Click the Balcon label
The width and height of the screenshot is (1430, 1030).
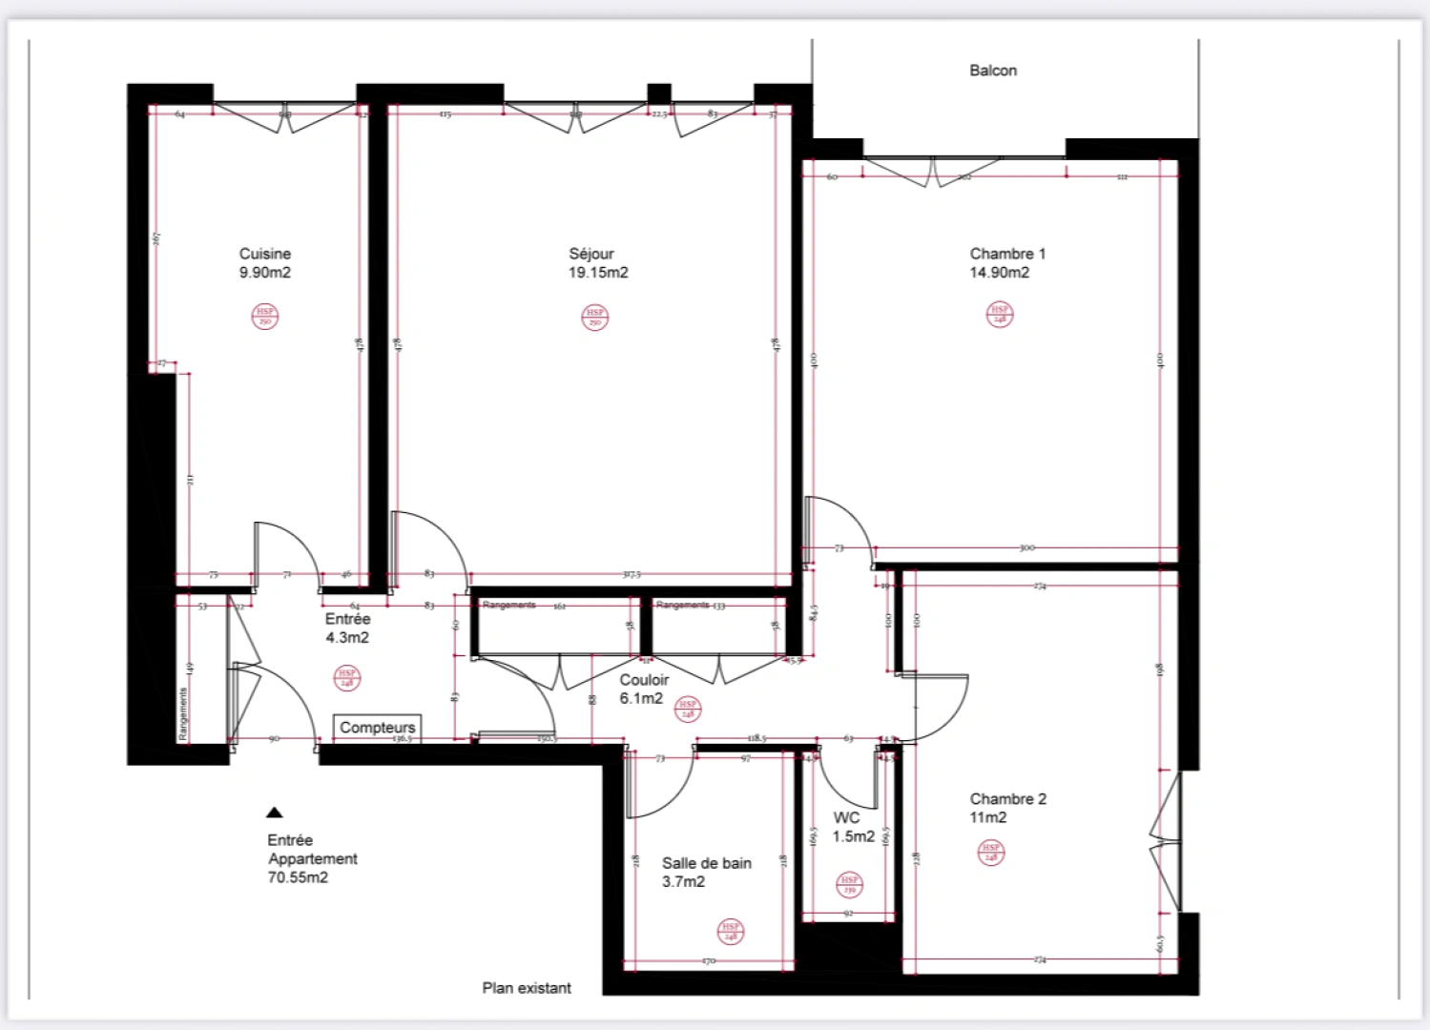pos(992,71)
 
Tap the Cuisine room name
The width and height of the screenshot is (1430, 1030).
pos(264,254)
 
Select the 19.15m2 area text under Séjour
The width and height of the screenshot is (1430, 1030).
pos(598,273)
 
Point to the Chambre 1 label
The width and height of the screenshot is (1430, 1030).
pos(1007,254)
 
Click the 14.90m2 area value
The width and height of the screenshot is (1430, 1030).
pos(999,273)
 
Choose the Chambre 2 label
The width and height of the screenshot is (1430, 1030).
pos(1007,799)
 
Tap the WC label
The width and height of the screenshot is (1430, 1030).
pos(846,818)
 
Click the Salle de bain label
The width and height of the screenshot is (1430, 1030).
pos(706,863)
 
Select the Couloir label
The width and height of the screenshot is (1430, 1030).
pos(644,680)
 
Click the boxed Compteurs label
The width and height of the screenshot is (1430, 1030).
pos(378,728)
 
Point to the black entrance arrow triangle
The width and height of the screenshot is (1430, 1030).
pos(275,813)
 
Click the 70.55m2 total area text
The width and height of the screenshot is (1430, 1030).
pos(298,877)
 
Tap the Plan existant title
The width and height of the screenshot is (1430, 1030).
pos(527,988)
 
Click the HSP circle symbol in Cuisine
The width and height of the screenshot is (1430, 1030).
pos(264,317)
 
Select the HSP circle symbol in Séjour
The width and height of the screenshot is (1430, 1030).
pos(595,317)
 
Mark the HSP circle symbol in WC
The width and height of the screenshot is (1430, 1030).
pos(849,885)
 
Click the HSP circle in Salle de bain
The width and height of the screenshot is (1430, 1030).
pos(730,932)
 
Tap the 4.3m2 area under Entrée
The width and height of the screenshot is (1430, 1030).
pos(347,638)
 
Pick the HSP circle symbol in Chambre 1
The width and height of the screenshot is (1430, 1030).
pos(999,314)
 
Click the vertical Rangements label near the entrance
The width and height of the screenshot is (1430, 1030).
pos(183,713)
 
